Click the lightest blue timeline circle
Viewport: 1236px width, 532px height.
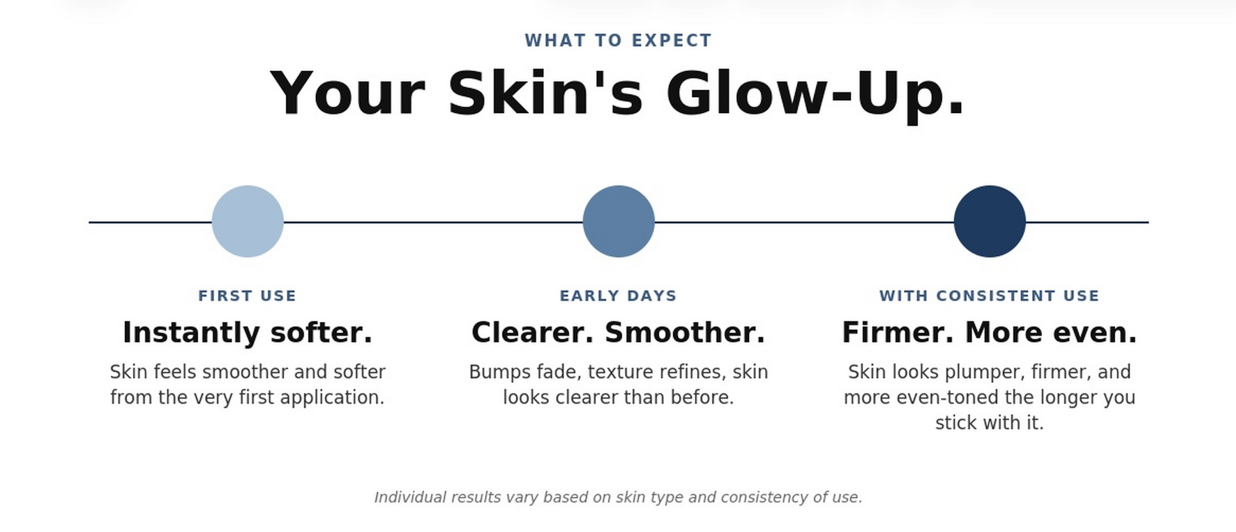[x=248, y=221]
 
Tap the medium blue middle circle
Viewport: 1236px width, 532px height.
[x=619, y=221]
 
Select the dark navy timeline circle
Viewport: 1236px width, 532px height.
[x=989, y=221]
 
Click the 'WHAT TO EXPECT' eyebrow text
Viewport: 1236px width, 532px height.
[x=618, y=41]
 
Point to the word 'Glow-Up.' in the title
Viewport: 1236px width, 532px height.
[x=815, y=93]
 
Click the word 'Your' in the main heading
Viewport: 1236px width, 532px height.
[x=347, y=93]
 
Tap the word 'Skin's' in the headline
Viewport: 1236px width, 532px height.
[x=546, y=93]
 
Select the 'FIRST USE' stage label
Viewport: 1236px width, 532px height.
[x=247, y=296]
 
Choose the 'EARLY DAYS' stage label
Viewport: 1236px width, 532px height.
[x=618, y=296]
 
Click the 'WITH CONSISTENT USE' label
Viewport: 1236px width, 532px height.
[x=989, y=296]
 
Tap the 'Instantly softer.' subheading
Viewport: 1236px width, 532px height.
[x=247, y=332]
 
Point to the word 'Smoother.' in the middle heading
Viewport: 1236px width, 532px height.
[x=685, y=332]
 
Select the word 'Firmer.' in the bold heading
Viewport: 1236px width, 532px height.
[x=897, y=332]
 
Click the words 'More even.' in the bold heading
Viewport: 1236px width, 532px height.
[x=1051, y=332]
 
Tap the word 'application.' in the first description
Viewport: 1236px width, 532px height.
[x=332, y=398]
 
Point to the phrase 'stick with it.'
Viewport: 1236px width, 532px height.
[x=989, y=423]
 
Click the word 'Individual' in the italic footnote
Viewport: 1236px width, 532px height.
[x=410, y=497]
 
